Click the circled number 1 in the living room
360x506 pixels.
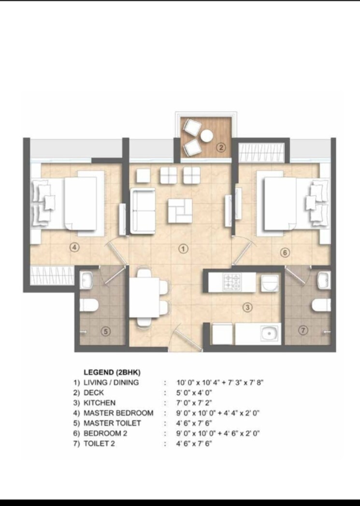[x=183, y=248]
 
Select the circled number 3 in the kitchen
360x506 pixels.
[x=247, y=307]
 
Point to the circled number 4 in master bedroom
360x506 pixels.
[x=74, y=247]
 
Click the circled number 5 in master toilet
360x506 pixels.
[x=106, y=331]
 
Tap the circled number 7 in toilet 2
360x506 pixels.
[x=303, y=331]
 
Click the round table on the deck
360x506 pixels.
[x=207, y=136]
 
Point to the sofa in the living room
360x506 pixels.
[x=143, y=211]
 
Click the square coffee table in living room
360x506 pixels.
[x=180, y=211]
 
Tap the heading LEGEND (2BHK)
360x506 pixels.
[x=112, y=372]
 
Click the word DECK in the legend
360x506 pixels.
[x=94, y=392]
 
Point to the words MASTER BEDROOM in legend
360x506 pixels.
[x=118, y=413]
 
